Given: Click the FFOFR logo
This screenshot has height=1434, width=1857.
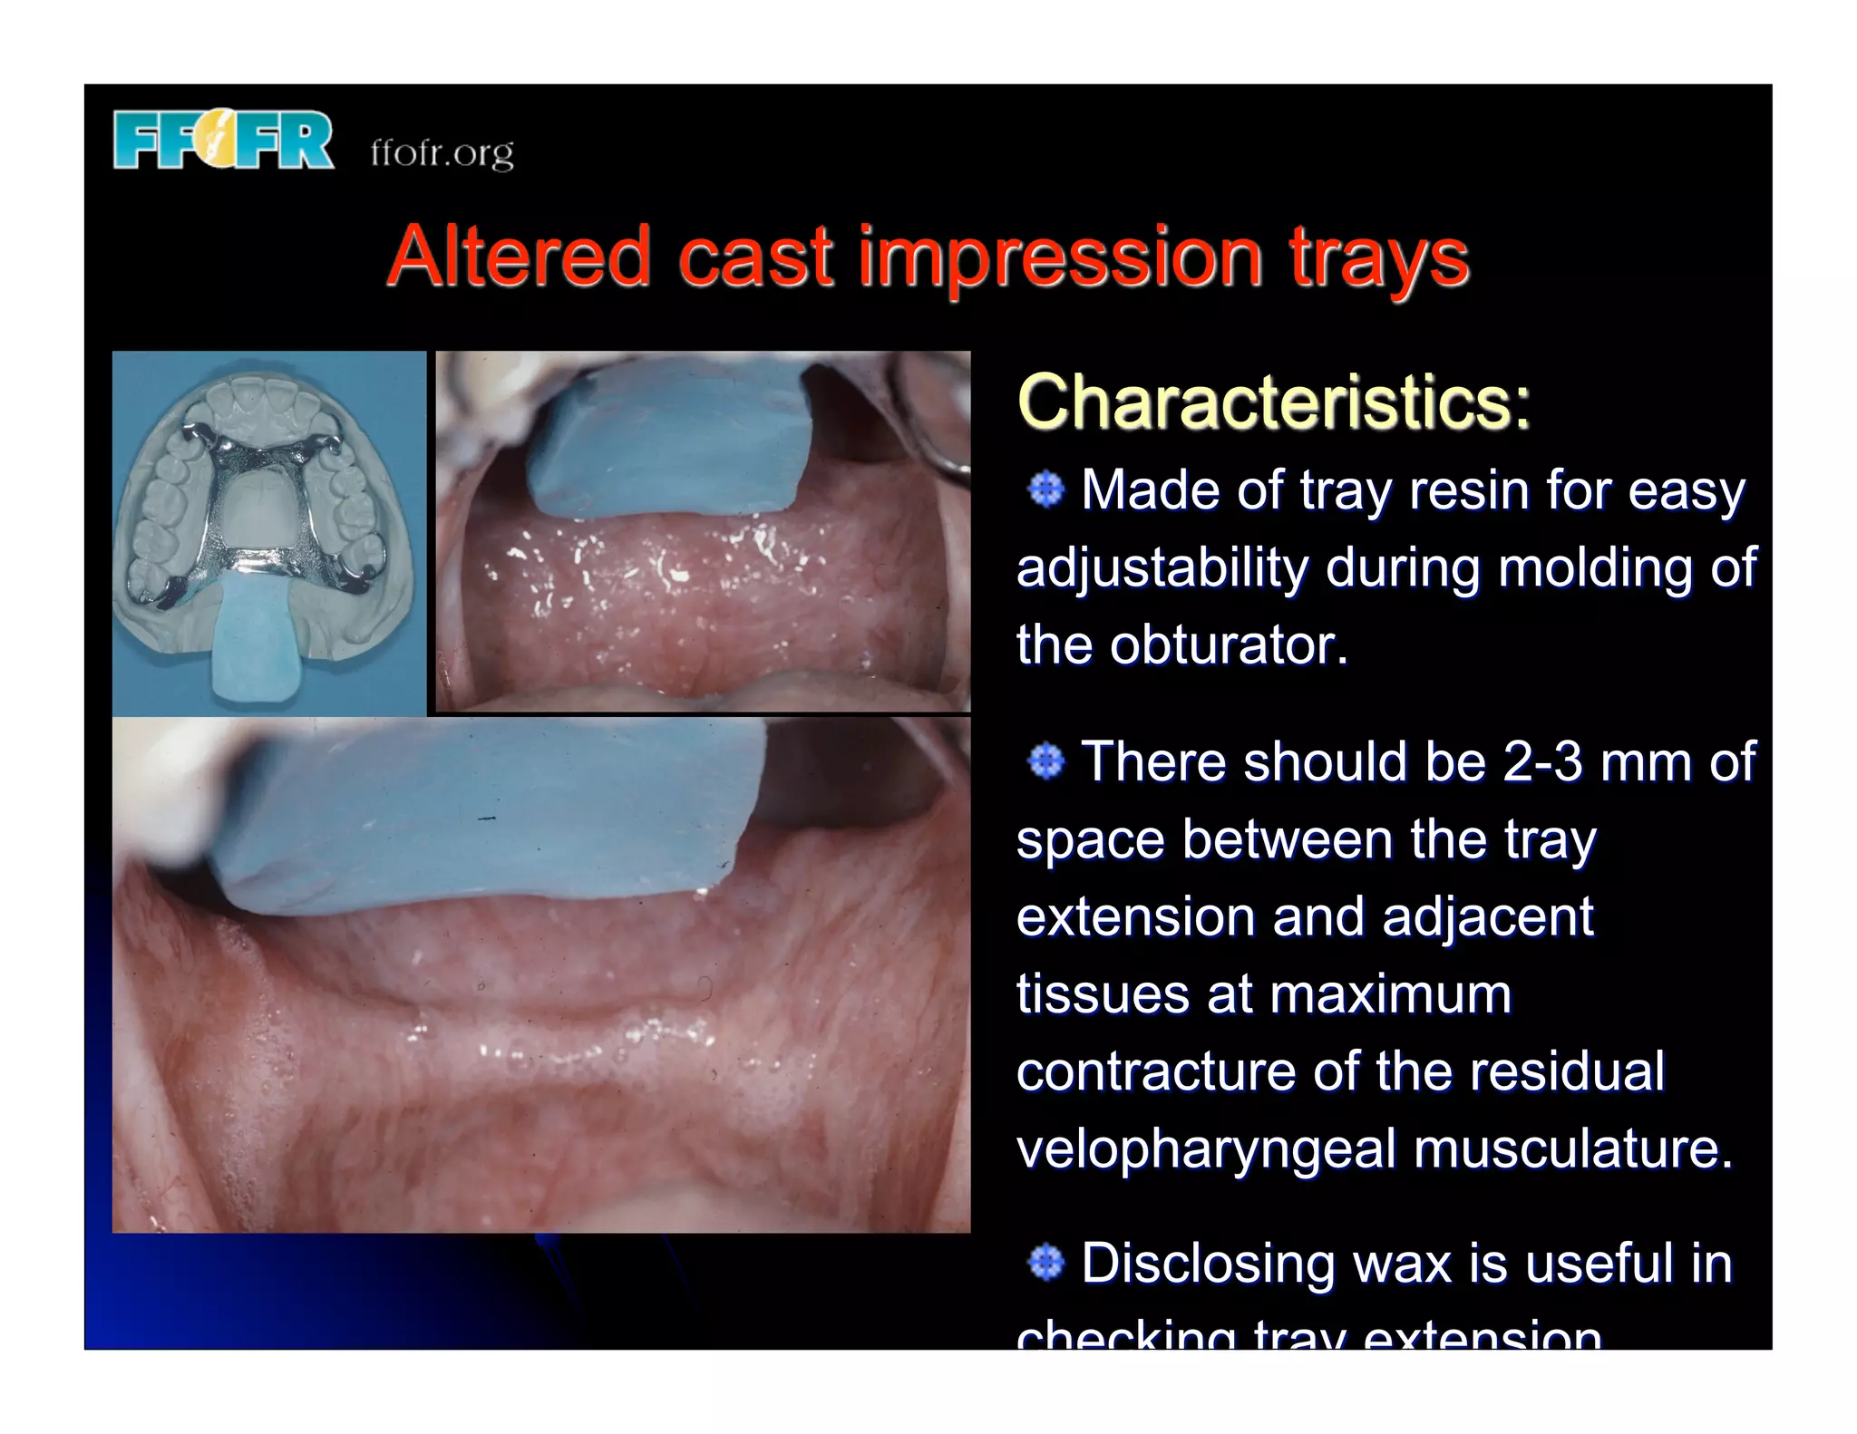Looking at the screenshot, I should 223,139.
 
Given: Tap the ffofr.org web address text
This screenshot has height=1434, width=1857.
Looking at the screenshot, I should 442,151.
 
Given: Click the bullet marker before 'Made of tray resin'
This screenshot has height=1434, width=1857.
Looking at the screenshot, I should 1046,489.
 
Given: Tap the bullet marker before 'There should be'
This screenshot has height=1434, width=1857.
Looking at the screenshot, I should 1046,761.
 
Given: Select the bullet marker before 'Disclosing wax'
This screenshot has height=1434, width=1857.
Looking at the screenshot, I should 1046,1262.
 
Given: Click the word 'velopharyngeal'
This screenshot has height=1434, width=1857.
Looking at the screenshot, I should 1206,1148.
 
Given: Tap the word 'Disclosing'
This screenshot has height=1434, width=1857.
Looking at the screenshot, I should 1208,1262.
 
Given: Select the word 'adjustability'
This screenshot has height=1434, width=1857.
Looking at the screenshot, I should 1162,568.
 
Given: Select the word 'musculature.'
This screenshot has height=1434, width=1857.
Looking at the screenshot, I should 1573,1148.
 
